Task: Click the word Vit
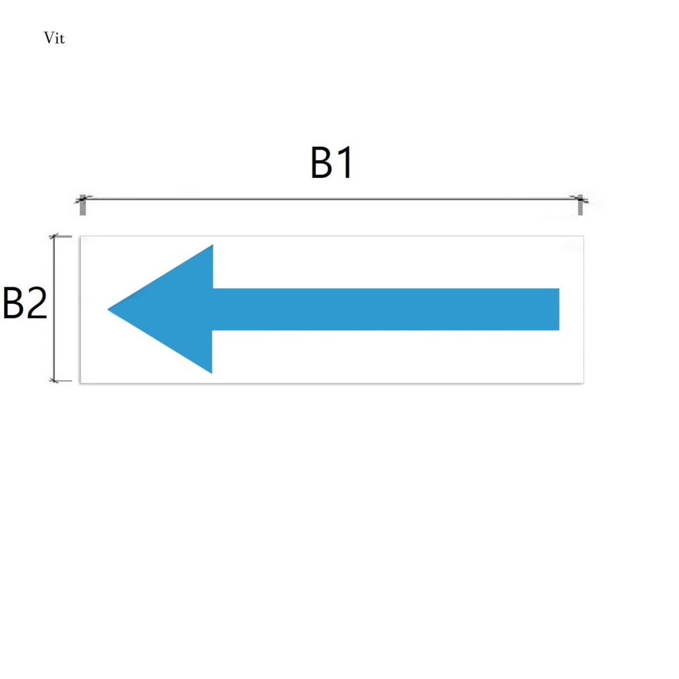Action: coord(54,38)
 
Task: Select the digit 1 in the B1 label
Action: coord(345,163)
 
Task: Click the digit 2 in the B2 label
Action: coord(36,303)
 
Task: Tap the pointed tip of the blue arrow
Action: coord(108,309)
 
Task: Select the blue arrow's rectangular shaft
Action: coord(386,309)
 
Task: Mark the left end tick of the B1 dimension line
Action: coord(82,204)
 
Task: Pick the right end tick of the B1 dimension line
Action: coord(580,204)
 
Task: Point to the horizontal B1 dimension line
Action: coord(332,199)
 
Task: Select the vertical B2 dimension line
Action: coord(54,309)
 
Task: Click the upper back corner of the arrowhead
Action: coord(213,245)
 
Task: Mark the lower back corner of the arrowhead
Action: coord(212,373)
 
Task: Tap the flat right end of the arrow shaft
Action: coord(559,309)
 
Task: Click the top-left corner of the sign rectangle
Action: coord(81,237)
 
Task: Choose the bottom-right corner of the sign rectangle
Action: coord(583,383)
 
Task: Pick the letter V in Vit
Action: coord(49,38)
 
